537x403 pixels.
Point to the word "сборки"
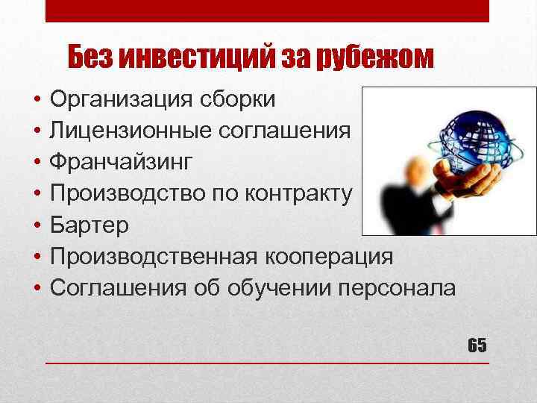pyautogui.click(x=239, y=99)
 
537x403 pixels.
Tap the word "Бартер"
pyautogui.click(x=89, y=225)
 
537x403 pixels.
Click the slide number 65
pyautogui.click(x=477, y=346)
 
